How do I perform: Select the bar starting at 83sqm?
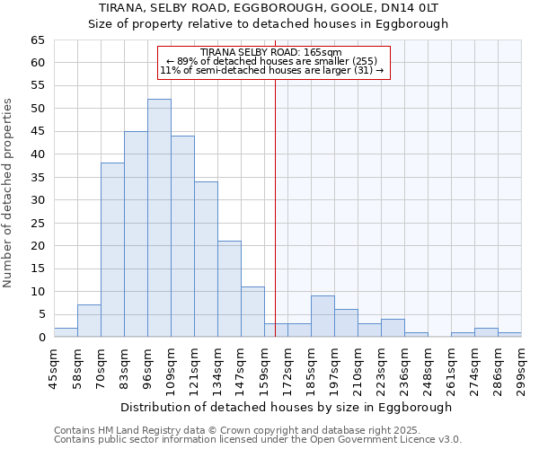point(136,234)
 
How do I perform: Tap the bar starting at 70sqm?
point(112,250)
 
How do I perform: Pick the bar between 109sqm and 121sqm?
point(182,236)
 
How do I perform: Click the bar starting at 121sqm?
point(206,260)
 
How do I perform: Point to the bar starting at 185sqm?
point(323,316)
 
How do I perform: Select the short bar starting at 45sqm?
point(66,332)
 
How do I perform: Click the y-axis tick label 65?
point(37,40)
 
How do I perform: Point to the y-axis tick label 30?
point(37,200)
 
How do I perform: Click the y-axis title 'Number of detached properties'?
point(9,193)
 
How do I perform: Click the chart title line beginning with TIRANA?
point(268,8)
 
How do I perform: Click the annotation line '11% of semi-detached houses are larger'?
point(270,70)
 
